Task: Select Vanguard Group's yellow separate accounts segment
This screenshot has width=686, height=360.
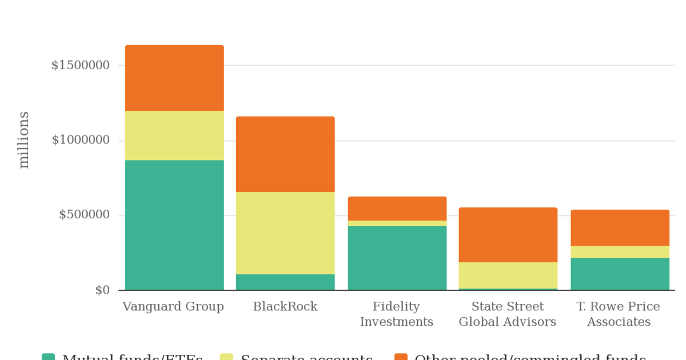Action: (174, 135)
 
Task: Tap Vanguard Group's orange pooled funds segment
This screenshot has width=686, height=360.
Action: (174, 78)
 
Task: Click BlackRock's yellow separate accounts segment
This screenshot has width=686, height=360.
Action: (285, 233)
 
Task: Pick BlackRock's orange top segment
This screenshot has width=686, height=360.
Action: (285, 154)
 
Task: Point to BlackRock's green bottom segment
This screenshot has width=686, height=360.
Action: (285, 282)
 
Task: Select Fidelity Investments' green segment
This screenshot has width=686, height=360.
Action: (397, 258)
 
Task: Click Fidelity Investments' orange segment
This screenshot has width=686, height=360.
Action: (397, 209)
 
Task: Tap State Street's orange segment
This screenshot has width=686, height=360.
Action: (508, 235)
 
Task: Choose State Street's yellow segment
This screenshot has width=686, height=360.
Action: (508, 275)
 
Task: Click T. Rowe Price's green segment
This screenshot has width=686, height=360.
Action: (620, 274)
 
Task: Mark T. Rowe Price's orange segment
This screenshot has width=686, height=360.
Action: (620, 228)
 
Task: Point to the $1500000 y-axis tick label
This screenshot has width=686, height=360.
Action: (81, 65)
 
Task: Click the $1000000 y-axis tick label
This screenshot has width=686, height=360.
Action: (81, 140)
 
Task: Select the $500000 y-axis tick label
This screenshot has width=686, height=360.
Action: (84, 215)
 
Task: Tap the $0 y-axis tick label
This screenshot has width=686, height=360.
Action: (102, 290)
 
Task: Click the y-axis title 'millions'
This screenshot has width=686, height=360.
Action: (23, 140)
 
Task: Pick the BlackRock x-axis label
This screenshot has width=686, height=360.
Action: (285, 307)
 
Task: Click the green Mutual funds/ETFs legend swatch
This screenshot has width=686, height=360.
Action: (49, 357)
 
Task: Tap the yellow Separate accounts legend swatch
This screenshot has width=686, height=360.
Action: (227, 357)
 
